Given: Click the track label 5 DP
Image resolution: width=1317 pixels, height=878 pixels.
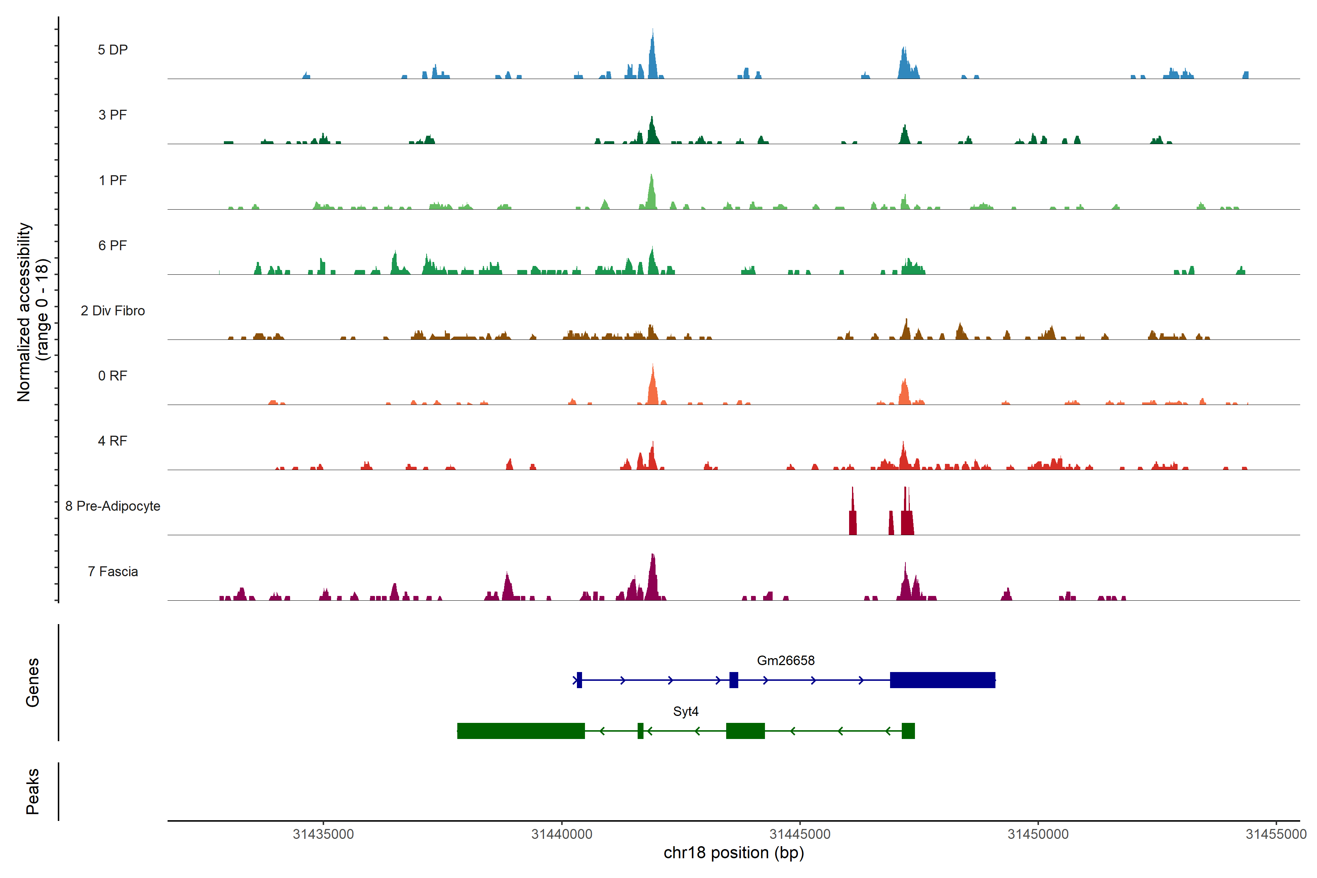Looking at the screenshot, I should coord(113,50).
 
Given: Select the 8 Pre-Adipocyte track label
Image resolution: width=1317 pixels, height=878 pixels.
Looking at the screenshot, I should coord(113,506).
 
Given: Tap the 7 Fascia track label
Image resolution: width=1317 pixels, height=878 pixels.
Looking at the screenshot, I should coord(113,572).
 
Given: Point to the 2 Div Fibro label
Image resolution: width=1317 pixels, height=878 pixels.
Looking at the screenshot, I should coord(113,311).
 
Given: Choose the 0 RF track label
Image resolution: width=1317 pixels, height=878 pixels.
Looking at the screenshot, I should coord(113,376).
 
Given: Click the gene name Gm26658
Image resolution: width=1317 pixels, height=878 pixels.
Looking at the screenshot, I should coord(785,661).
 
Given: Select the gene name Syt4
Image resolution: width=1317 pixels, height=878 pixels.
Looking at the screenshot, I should coord(685,712).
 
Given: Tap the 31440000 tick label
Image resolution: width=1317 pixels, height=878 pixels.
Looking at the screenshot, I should coord(562,834).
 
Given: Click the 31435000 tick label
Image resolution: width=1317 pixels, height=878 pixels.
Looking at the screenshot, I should coord(324,834).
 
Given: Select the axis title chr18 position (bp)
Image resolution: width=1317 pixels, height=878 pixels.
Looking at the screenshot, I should coord(733,853).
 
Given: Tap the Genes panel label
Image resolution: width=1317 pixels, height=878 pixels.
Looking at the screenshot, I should coord(33,683).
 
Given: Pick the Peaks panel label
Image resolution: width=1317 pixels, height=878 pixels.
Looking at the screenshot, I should coord(33,791).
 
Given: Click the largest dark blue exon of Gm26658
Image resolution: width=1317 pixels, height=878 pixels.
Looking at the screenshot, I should coord(942,680).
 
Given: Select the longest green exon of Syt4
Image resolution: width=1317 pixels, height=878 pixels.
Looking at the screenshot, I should coord(521,731).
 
